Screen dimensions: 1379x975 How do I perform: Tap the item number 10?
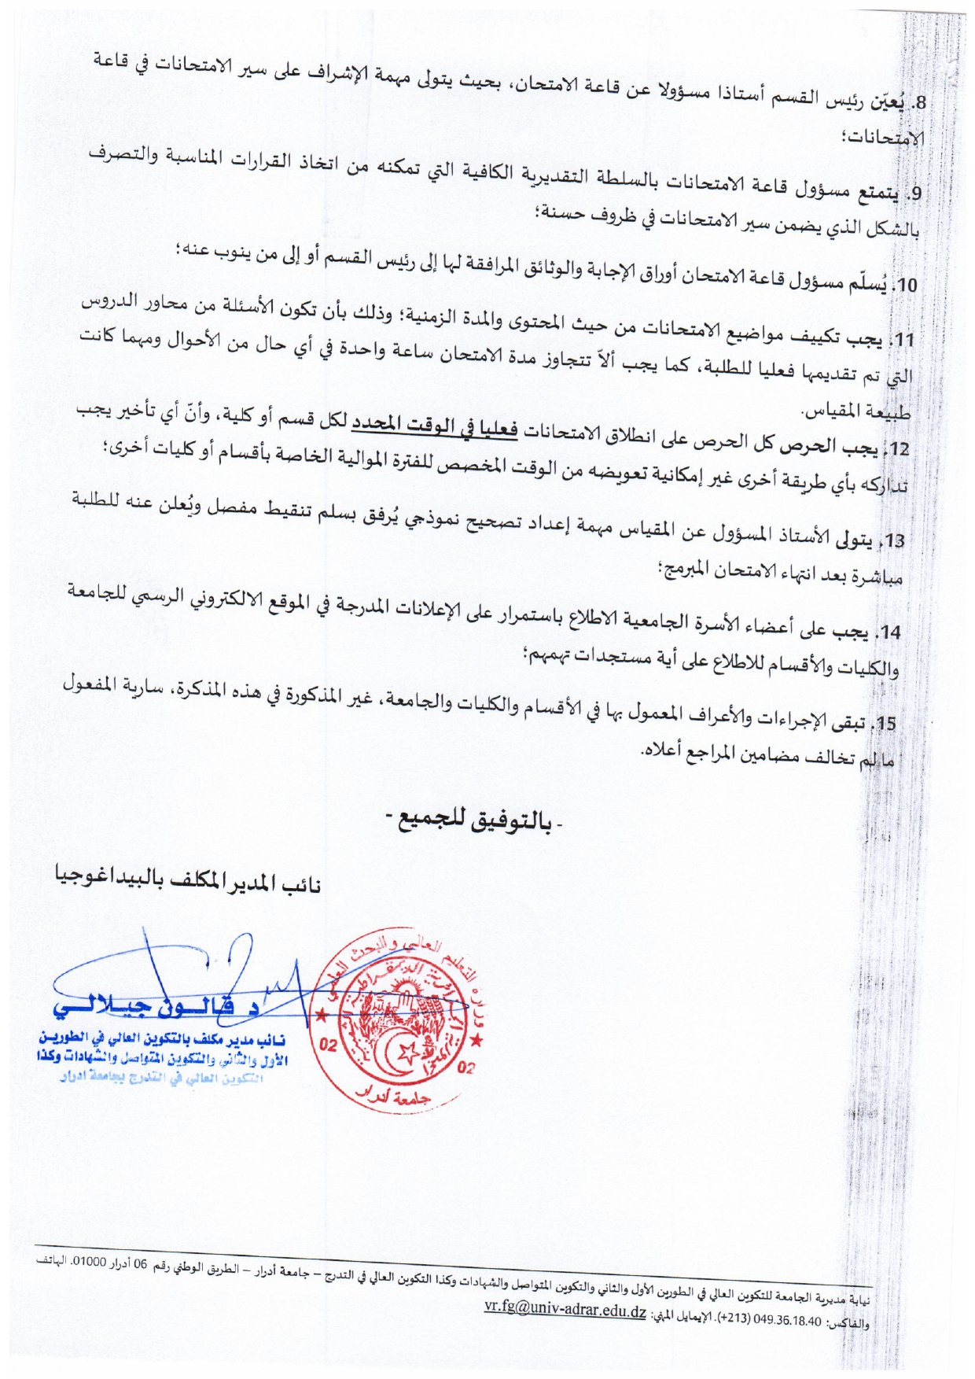[907, 286]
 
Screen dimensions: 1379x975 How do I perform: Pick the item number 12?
[901, 449]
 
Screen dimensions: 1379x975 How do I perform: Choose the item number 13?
[895, 541]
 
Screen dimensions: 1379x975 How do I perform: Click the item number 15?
[887, 724]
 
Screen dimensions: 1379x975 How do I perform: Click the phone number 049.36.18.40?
[787, 1321]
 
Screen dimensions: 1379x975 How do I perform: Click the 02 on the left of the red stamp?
[329, 1045]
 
